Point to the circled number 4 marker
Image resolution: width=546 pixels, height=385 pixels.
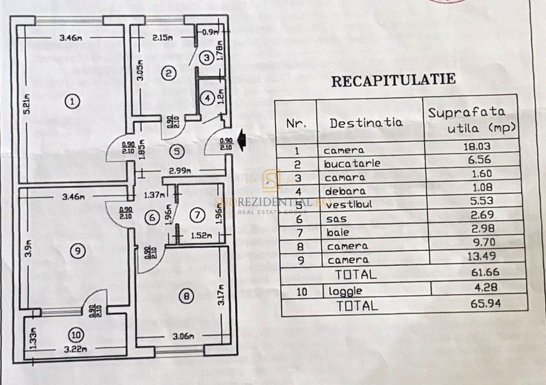pyautogui.click(x=208, y=98)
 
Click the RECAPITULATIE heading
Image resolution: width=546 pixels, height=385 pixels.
pyautogui.click(x=394, y=79)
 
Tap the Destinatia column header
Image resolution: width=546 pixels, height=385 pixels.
pyautogui.click(x=366, y=123)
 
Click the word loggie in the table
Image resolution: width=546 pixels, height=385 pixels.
pyautogui.click(x=343, y=291)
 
